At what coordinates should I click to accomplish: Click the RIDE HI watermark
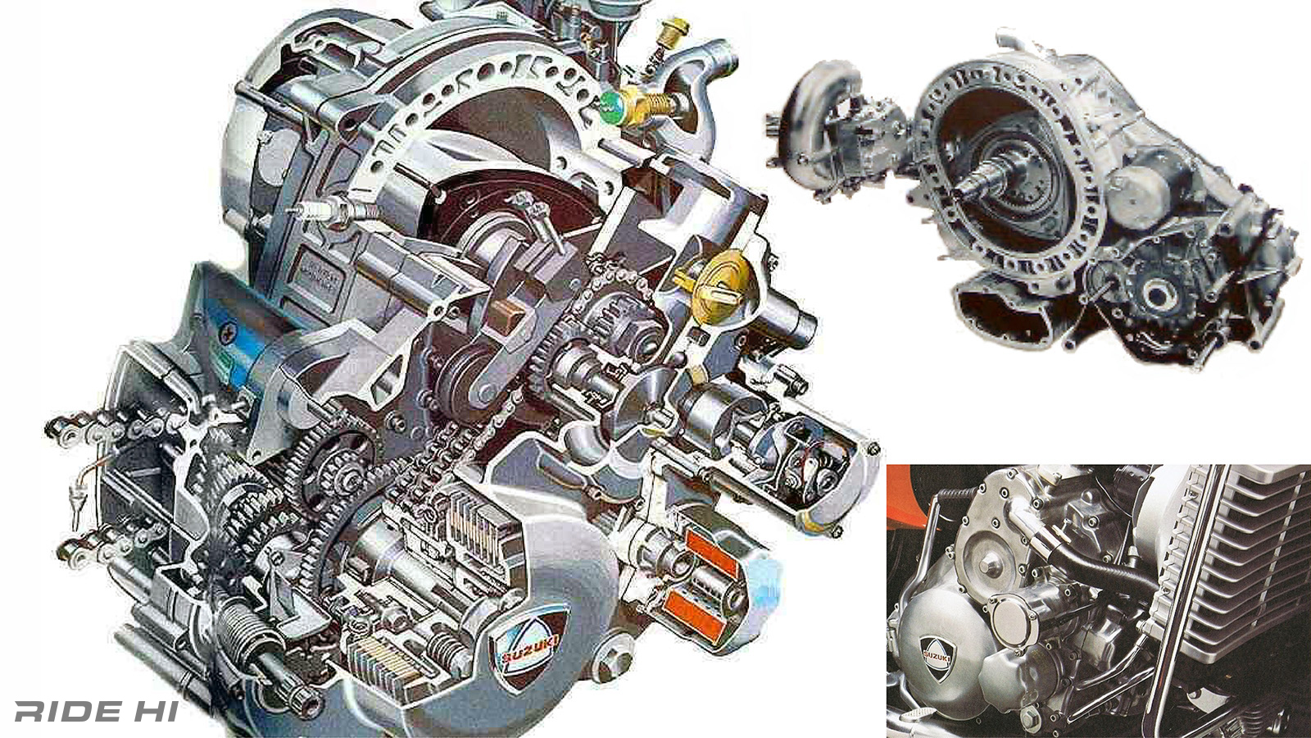pos(97,712)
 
